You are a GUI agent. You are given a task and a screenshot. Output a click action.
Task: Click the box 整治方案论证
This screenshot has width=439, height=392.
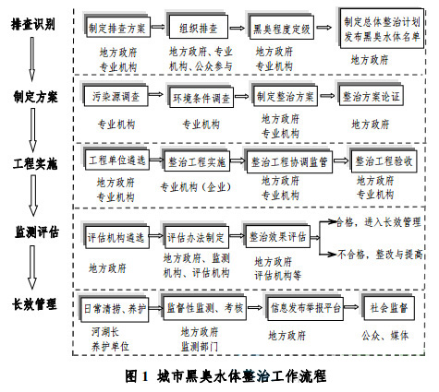click(x=371, y=94)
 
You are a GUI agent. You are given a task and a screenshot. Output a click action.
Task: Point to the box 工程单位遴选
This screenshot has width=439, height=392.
click(x=116, y=160)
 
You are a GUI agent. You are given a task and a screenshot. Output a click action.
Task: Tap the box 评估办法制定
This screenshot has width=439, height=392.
click(x=197, y=235)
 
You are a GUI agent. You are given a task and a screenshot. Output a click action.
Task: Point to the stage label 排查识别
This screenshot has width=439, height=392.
click(x=34, y=23)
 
